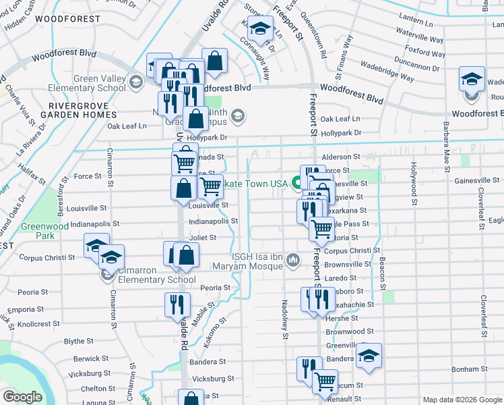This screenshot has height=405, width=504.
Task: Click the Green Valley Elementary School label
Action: (94, 83)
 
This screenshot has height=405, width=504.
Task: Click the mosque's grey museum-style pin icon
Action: (293, 260)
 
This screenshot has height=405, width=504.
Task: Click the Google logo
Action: (22, 396)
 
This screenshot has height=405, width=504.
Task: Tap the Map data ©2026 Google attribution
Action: (462, 399)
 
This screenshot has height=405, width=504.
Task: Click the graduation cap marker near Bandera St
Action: (369, 356)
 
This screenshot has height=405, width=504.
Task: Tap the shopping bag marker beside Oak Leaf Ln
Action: (195, 119)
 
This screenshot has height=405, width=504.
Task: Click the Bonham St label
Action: (470, 369)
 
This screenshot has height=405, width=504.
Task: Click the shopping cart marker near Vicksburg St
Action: (325, 381)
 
